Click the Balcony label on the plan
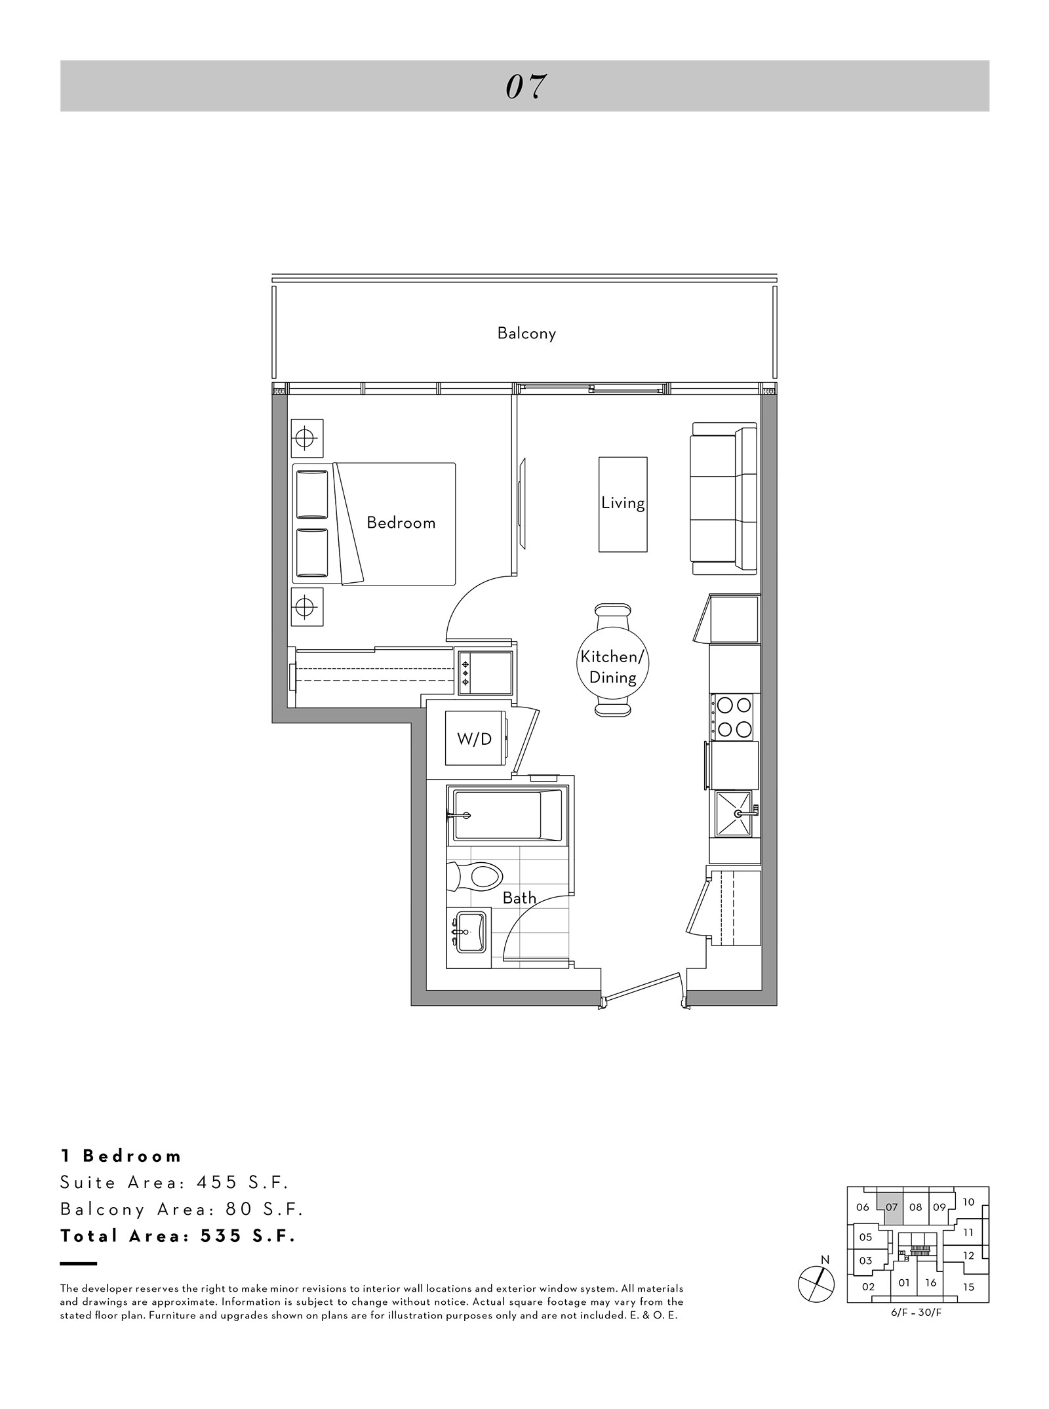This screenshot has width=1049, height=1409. (x=526, y=333)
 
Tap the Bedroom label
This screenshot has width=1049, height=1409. (x=401, y=523)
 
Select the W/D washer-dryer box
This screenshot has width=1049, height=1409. (x=475, y=738)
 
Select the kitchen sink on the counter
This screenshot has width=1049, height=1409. (x=734, y=814)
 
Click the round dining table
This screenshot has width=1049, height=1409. (x=613, y=667)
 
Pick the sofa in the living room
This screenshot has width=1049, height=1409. (x=724, y=500)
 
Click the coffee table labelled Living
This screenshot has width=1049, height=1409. (x=623, y=504)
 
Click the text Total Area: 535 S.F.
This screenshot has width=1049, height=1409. (x=178, y=1236)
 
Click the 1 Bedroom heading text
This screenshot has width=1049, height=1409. (x=121, y=1156)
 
